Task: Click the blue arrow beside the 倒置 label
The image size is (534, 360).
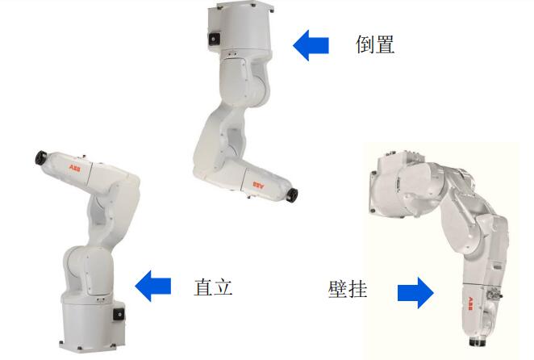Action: pyautogui.click(x=311, y=45)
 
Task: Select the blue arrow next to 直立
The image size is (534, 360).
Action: pyautogui.click(x=153, y=286)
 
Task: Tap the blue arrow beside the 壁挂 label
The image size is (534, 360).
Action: pyautogui.click(x=415, y=293)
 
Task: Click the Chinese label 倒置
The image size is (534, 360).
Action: pyautogui.click(x=375, y=44)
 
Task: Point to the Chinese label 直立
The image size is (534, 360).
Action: pyautogui.click(x=213, y=287)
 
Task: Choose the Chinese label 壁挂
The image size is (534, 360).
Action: pyautogui.click(x=348, y=289)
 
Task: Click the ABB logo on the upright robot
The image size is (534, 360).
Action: pyautogui.click(x=74, y=168)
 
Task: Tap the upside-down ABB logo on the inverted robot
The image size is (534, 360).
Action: pyautogui.click(x=258, y=185)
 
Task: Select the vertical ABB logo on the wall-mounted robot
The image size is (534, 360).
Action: pyautogui.click(x=470, y=303)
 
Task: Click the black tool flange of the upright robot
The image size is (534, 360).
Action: pyautogui.click(x=41, y=157)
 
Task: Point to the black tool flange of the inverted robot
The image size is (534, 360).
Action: pyautogui.click(x=292, y=195)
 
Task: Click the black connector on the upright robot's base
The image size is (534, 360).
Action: pyautogui.click(x=119, y=314)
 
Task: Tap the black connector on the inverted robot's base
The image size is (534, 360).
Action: pyautogui.click(x=214, y=39)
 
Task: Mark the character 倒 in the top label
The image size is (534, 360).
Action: pyautogui.click(x=365, y=44)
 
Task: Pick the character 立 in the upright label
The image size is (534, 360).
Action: pyautogui.click(x=223, y=287)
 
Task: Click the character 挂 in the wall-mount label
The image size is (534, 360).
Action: pyautogui.click(x=357, y=289)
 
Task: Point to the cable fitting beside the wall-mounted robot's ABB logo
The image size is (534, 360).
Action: pyautogui.click(x=493, y=293)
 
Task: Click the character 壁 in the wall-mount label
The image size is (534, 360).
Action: pyautogui.click(x=337, y=289)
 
